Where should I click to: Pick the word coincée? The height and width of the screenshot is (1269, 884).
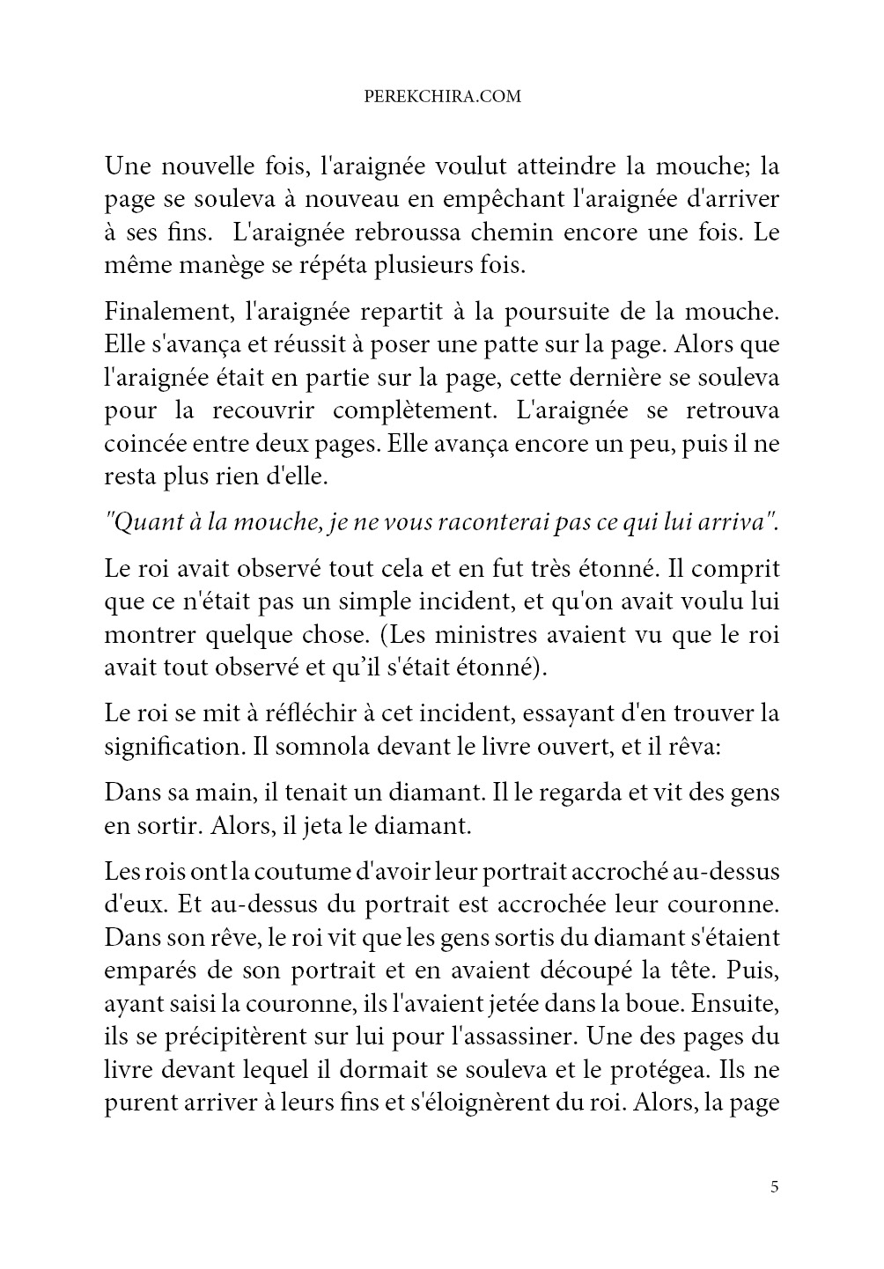point(144,444)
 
